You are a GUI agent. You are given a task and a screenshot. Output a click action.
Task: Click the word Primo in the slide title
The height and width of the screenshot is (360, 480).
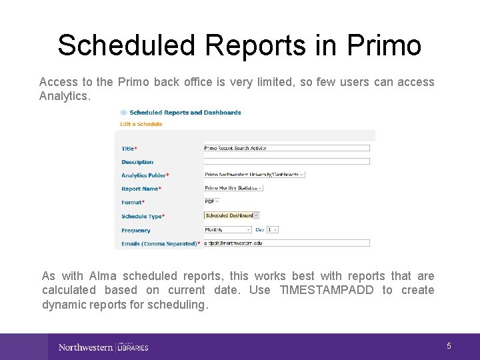[383, 45]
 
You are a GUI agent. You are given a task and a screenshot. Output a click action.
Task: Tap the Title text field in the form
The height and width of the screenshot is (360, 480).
[286, 148]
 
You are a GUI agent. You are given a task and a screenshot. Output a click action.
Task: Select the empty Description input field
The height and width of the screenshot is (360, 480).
[286, 161]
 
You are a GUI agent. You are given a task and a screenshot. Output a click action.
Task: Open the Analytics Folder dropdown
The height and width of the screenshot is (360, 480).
[254, 175]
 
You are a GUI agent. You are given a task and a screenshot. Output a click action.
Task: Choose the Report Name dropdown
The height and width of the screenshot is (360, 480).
[233, 188]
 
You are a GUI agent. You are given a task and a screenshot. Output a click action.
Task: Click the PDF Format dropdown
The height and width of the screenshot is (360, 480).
[213, 201]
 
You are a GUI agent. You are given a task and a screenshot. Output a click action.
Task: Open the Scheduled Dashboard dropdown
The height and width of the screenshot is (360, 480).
[231, 215]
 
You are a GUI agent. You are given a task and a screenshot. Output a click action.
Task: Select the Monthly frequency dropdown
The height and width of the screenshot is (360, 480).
[227, 229]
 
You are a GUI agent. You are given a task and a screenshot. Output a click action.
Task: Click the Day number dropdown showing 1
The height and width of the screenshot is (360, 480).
[272, 229]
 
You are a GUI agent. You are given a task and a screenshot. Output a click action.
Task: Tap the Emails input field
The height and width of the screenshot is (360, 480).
[286, 243]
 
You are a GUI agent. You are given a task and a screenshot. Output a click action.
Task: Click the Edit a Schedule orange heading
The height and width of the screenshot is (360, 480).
[141, 124]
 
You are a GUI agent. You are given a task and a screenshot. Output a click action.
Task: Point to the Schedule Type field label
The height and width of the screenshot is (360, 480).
[143, 216]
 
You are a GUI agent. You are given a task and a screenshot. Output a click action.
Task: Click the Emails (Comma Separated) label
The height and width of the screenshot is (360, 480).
[159, 244]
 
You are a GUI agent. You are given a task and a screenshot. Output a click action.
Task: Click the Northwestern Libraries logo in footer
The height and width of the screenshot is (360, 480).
[103, 347]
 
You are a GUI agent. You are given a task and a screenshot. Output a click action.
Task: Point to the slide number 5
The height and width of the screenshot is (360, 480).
[449, 346]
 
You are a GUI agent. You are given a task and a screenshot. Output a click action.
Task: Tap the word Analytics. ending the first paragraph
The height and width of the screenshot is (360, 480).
[64, 96]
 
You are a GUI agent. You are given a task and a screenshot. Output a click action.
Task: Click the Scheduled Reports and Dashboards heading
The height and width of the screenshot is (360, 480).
[185, 113]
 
